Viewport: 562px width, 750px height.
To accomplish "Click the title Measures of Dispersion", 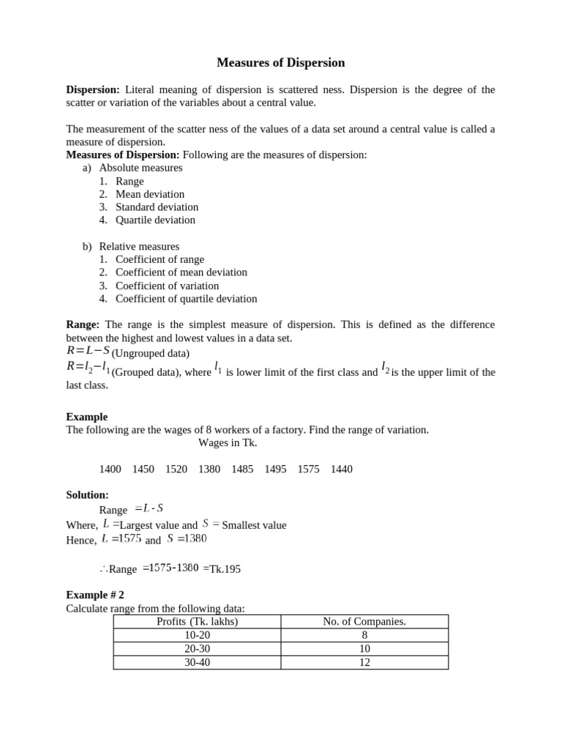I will click(x=280, y=63).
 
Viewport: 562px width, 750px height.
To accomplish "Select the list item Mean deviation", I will click(x=149, y=194).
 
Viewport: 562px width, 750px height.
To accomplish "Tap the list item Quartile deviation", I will click(x=155, y=220).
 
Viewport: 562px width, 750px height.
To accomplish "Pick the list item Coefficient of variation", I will click(x=167, y=286).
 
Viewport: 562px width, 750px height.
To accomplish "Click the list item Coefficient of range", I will click(x=160, y=259).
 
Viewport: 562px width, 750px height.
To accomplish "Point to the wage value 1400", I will click(x=110, y=469).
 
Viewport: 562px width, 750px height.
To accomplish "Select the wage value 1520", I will click(x=176, y=469).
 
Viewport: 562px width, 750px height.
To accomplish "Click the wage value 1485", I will click(x=242, y=469).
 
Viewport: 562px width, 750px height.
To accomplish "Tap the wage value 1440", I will click(x=341, y=469).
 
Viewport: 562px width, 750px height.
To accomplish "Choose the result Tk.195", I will click(x=225, y=568).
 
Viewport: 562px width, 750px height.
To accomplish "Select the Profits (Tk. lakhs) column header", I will click(x=198, y=622).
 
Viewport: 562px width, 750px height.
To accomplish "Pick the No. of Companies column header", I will click(x=364, y=622).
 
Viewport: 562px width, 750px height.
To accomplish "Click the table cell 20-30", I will click(x=198, y=649).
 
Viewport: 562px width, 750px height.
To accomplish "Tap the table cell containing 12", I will click(x=364, y=662).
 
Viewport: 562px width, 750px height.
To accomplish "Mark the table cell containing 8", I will click(x=364, y=636).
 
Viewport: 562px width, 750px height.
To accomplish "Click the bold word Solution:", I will click(x=87, y=495).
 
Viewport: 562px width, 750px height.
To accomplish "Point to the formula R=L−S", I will click(x=88, y=350).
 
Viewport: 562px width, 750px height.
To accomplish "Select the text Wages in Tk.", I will click(x=228, y=442).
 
